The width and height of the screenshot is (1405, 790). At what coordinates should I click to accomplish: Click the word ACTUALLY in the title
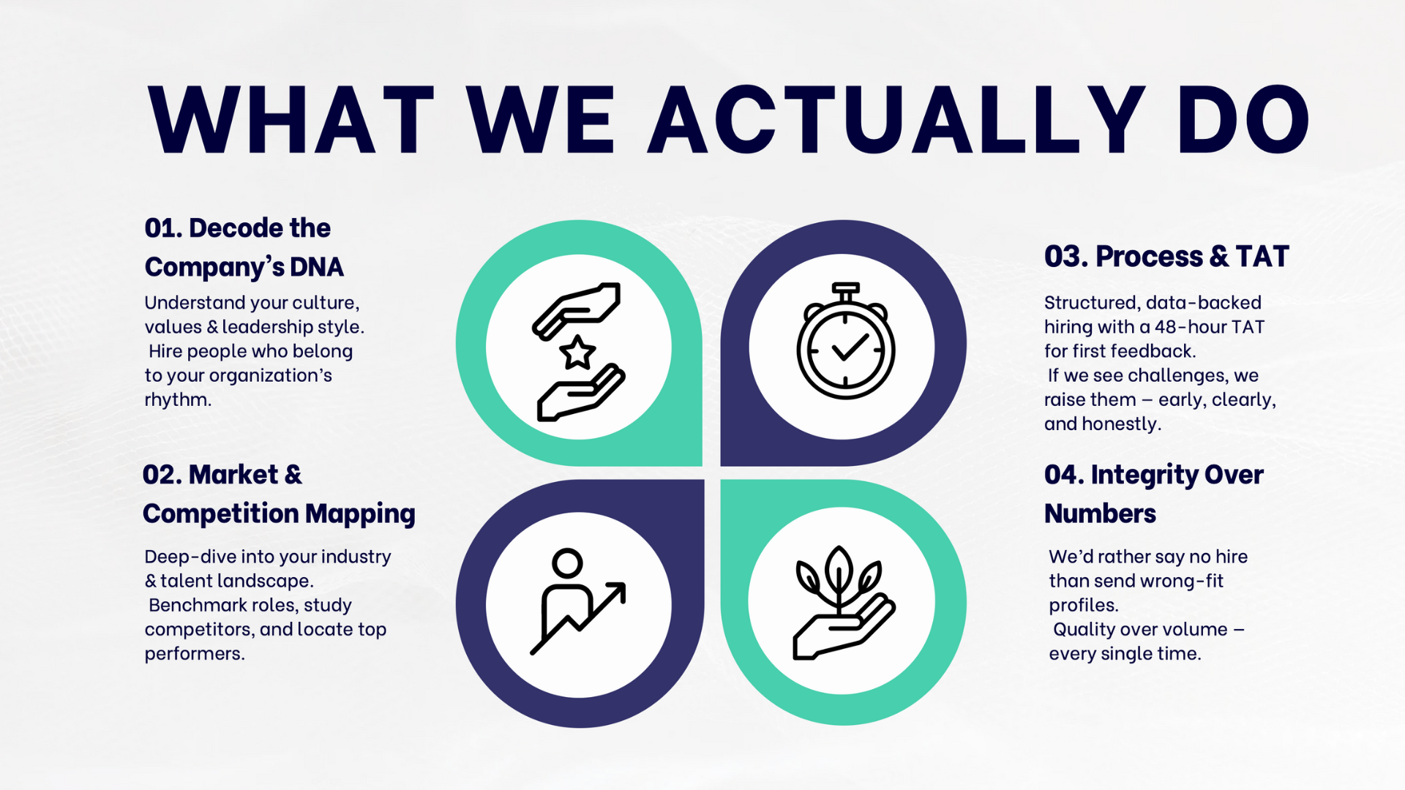point(897,119)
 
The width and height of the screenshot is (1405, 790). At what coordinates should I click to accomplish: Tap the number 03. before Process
point(1066,257)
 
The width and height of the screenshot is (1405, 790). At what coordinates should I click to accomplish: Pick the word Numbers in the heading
point(1100,513)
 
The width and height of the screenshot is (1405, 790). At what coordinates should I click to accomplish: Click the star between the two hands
point(577,353)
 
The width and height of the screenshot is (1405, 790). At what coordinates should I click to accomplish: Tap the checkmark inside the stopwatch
point(850,348)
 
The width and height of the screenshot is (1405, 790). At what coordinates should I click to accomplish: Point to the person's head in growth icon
point(567,563)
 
